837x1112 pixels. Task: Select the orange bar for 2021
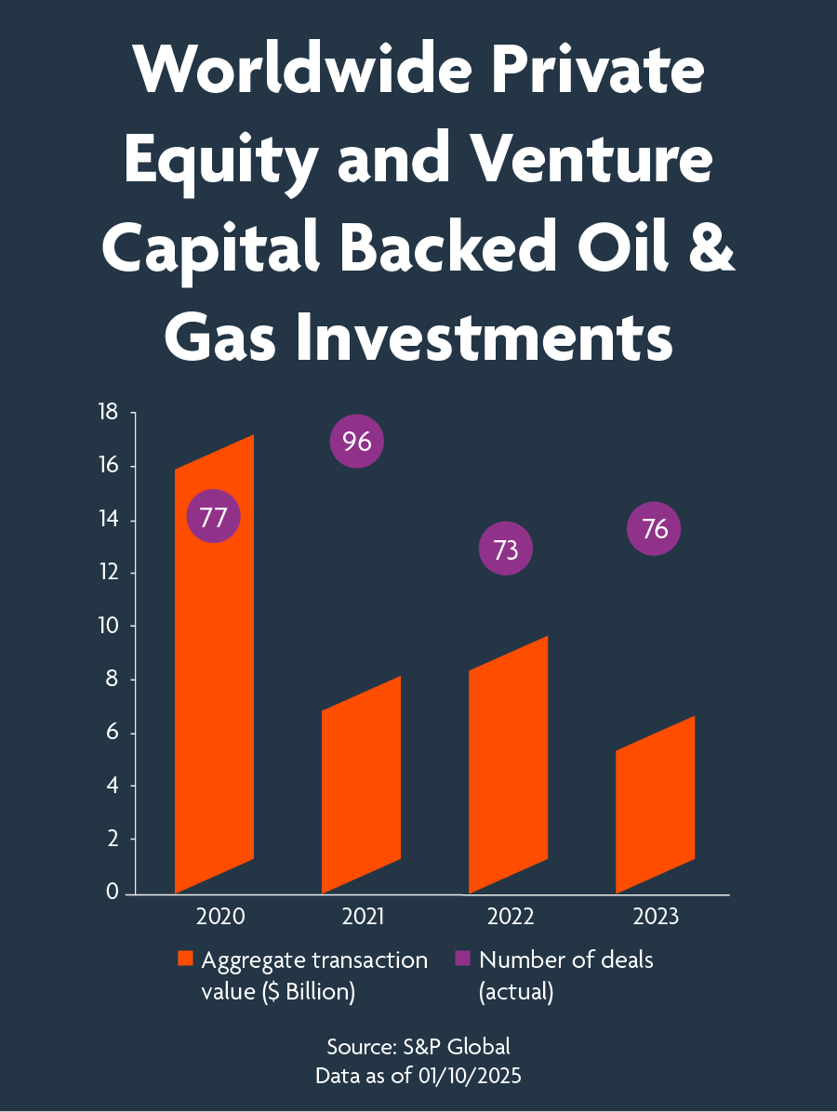pyautogui.click(x=361, y=786)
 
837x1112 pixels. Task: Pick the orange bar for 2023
pyautogui.click(x=655, y=805)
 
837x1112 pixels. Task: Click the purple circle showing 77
pyautogui.click(x=214, y=517)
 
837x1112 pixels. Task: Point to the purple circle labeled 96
pyautogui.click(x=357, y=442)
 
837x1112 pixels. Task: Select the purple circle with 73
pyautogui.click(x=505, y=549)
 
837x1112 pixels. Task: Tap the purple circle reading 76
pyautogui.click(x=655, y=529)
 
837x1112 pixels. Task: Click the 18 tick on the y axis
pyautogui.click(x=108, y=412)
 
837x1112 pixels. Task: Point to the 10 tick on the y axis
pyautogui.click(x=108, y=626)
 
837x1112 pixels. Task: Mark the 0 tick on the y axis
pyautogui.click(x=113, y=893)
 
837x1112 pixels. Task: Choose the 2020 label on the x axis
pyautogui.click(x=220, y=918)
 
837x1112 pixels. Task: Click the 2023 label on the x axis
pyautogui.click(x=656, y=918)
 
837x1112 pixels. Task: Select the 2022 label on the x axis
pyautogui.click(x=510, y=918)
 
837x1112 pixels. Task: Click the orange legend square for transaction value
pyautogui.click(x=185, y=960)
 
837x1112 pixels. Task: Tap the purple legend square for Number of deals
pyautogui.click(x=462, y=960)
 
